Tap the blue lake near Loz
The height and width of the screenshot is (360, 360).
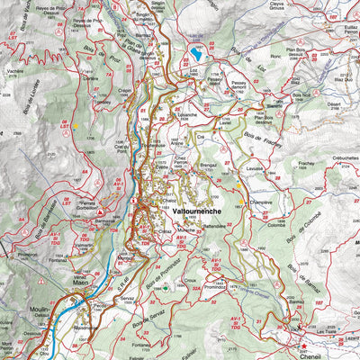tap(195, 56)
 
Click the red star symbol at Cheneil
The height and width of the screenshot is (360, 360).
tap(303, 345)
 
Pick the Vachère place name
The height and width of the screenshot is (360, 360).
tap(15, 70)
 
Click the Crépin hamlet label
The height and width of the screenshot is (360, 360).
tap(124, 90)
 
